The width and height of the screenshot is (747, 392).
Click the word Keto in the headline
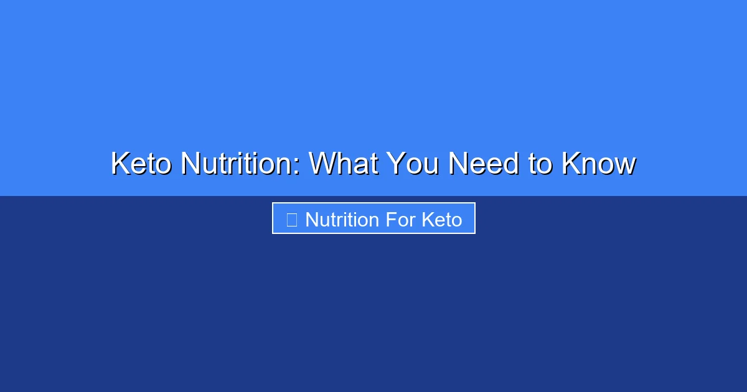click(x=141, y=164)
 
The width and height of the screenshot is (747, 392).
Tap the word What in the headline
click(x=344, y=164)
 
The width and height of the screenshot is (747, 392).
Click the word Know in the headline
click(x=598, y=164)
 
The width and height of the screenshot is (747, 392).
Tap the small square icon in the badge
click(x=291, y=220)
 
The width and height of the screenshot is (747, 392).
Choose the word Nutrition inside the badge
click(x=342, y=220)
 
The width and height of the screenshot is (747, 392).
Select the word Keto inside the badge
click(x=442, y=220)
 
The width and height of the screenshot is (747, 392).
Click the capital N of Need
click(x=458, y=164)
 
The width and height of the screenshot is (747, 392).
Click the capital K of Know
click(x=570, y=164)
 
